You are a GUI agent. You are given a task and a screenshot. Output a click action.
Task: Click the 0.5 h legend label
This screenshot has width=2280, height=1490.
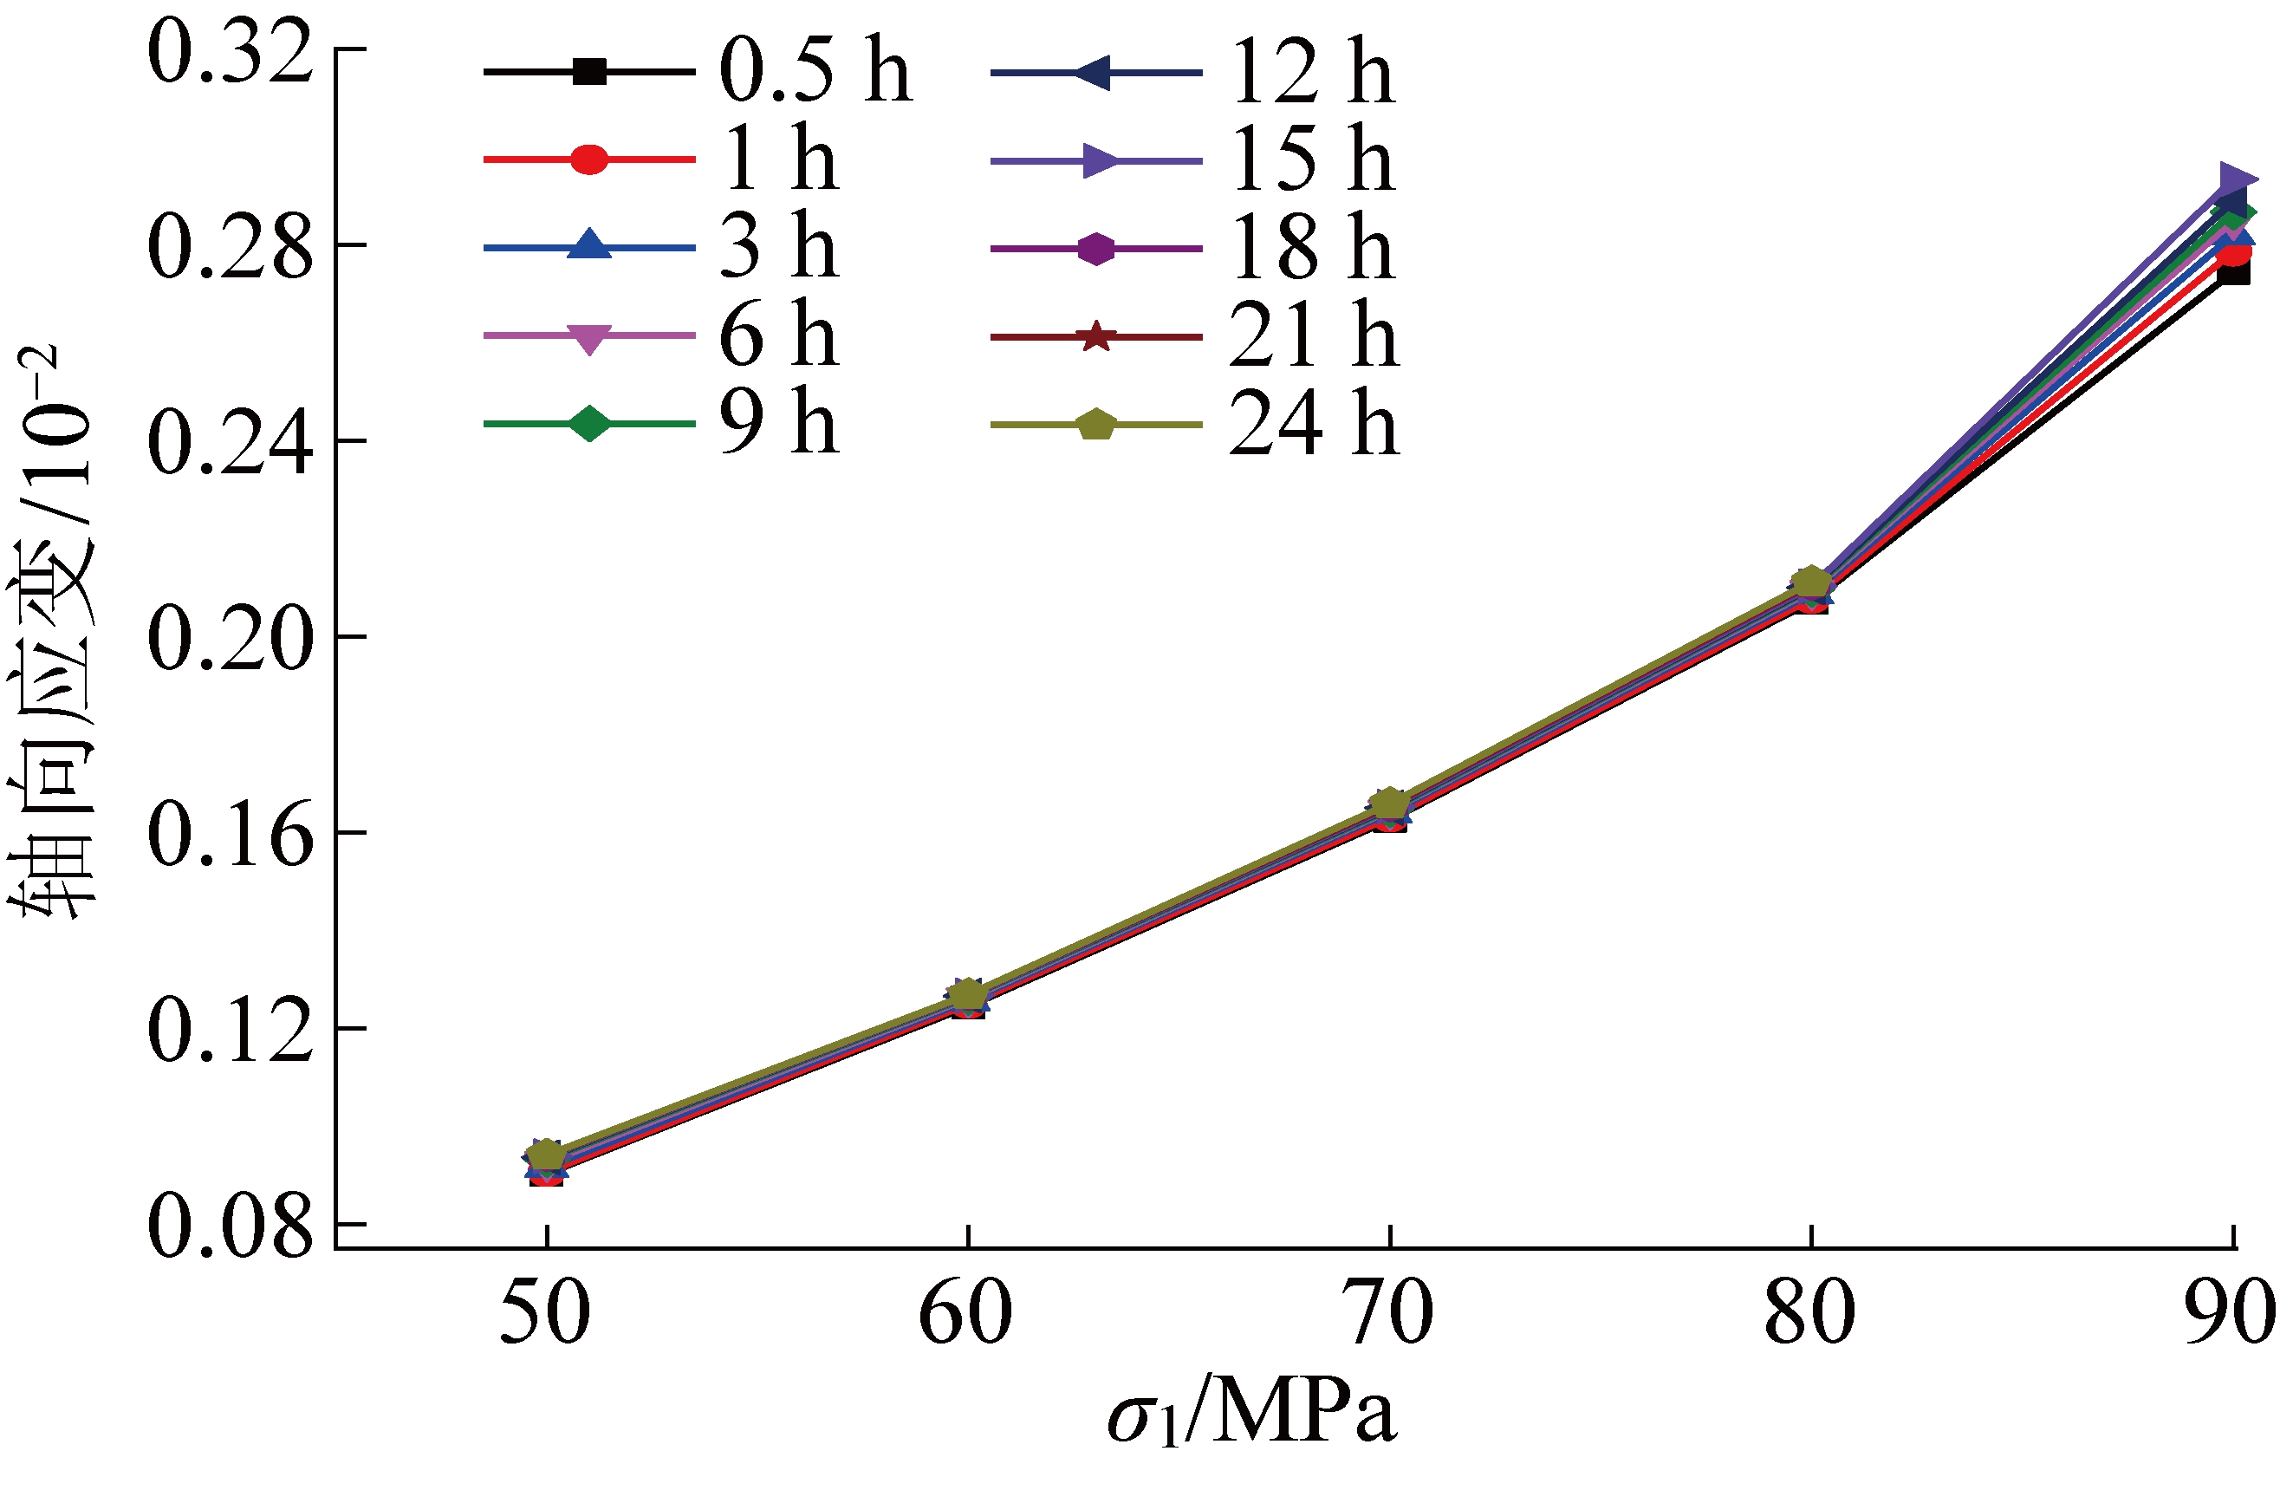tap(815, 71)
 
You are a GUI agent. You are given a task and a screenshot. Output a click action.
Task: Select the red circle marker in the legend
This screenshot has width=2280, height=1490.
tap(589, 159)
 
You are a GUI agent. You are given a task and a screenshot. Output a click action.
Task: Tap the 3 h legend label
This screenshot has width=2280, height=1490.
tap(779, 247)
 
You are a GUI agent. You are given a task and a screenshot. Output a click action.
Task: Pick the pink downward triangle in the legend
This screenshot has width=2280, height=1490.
tap(589, 337)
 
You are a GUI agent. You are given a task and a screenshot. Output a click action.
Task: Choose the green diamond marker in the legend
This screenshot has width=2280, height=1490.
tap(589, 424)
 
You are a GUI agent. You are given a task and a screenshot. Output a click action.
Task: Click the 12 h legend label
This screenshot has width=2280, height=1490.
tap(1311, 71)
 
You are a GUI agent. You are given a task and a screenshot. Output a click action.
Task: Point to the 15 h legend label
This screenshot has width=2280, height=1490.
tap(1311, 159)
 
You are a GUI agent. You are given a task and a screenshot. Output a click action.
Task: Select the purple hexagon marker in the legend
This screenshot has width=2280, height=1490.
tap(1096, 248)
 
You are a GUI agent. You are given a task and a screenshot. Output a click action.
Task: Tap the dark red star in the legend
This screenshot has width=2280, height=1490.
tap(1096, 337)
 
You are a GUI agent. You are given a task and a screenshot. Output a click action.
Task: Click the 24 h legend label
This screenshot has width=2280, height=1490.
tap(1314, 424)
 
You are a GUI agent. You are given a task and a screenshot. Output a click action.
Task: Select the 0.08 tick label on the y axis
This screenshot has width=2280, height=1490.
tap(230, 1227)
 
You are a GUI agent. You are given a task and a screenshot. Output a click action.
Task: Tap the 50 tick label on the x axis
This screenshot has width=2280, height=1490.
tap(545, 1315)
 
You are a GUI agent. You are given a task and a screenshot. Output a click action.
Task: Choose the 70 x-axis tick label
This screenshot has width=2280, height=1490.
tap(1388, 1315)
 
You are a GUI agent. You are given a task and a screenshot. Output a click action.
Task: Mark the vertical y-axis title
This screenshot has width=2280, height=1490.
tap(53, 633)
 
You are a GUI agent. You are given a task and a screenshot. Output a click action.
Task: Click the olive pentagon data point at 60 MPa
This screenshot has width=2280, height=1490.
tap(968, 992)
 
